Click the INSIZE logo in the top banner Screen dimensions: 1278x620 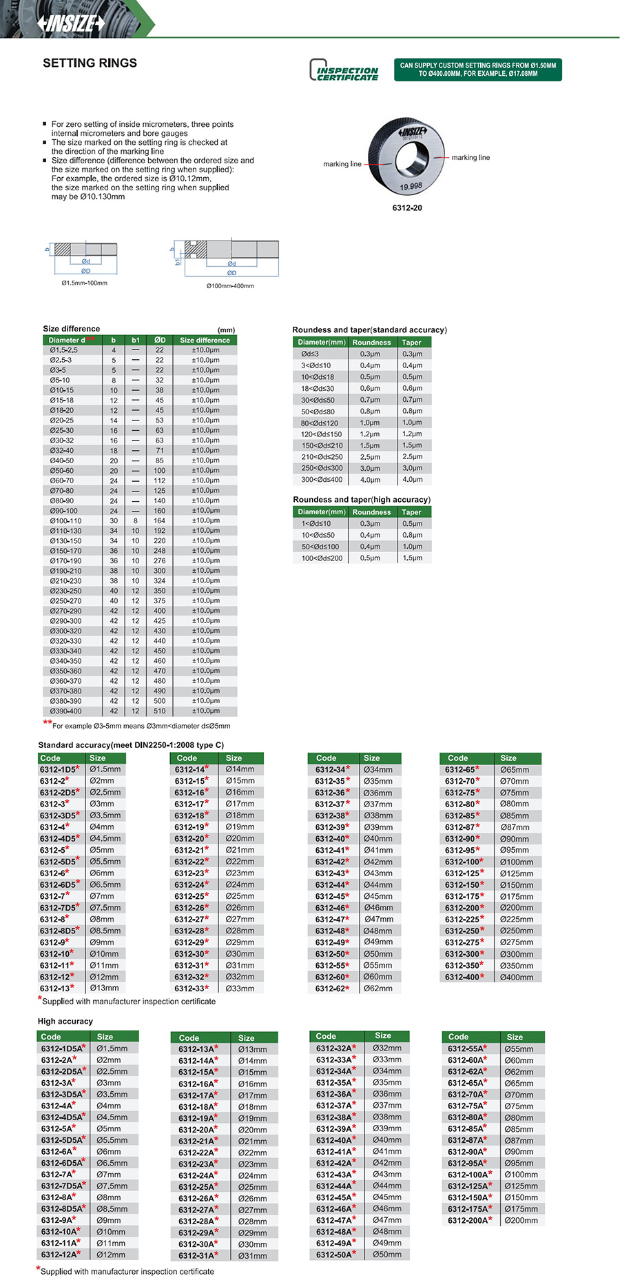[x=71, y=23]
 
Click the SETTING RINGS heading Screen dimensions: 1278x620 [x=90, y=63]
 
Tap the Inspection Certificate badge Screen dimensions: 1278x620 [x=344, y=70]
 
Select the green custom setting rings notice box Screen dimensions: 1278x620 [x=477, y=70]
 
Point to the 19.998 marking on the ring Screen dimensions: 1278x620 [x=411, y=187]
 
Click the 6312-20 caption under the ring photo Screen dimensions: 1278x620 [x=407, y=207]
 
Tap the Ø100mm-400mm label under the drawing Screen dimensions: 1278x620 [x=230, y=285]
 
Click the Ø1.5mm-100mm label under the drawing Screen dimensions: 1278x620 [x=84, y=283]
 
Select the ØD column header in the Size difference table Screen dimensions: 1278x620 [x=159, y=340]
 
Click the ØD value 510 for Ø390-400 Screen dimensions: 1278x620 [x=159, y=711]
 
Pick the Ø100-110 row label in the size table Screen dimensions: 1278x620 [x=65, y=520]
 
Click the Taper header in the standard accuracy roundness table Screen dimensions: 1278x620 [x=411, y=342]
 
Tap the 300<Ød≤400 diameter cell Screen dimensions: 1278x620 [x=321, y=479]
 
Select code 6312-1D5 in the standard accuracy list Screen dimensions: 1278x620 [x=58, y=769]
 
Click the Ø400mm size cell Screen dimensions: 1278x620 [x=517, y=977]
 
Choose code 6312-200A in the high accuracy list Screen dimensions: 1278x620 [x=468, y=1220]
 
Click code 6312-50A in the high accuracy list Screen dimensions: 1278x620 [x=335, y=1255]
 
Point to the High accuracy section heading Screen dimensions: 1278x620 [x=65, y=1021]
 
